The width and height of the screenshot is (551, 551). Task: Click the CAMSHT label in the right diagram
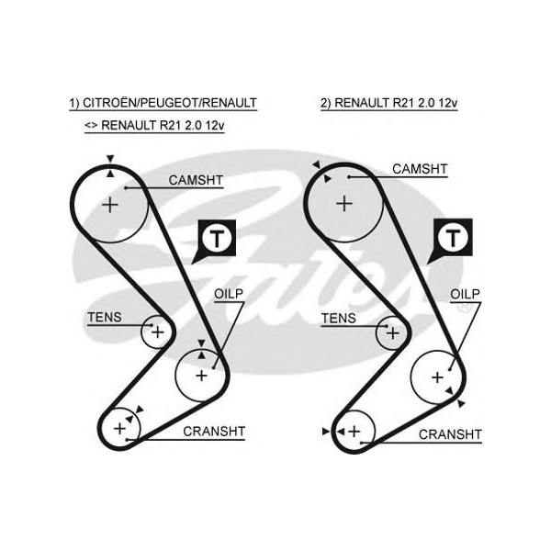pos(419,169)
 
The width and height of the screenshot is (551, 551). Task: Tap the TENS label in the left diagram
pos(103,318)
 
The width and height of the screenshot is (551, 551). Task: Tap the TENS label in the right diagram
pos(338,319)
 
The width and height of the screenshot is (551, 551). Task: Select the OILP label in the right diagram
pos(465,294)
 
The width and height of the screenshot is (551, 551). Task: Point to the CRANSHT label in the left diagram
pos(213,431)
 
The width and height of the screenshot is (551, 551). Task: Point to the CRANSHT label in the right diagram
pos(449,433)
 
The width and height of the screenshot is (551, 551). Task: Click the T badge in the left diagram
pos(215,241)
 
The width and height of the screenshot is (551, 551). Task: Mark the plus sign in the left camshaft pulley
pos(110,204)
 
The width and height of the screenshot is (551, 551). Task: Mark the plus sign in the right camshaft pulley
pos(344,202)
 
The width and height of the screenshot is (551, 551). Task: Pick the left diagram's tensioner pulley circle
pos(157,331)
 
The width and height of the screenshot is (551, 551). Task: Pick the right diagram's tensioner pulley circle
pos(392,331)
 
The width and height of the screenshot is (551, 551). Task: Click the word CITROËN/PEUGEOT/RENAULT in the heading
pos(170,104)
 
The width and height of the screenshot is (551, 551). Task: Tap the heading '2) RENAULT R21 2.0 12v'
pos(388,104)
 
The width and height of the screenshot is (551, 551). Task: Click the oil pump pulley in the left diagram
pos(200,375)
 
